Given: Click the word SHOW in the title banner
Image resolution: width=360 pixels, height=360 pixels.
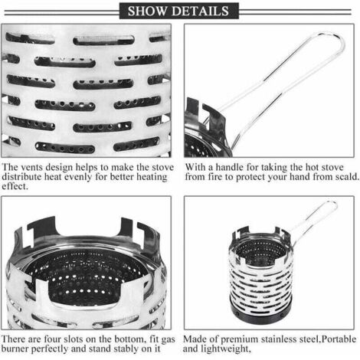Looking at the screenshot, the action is pyautogui.click(x=146, y=11).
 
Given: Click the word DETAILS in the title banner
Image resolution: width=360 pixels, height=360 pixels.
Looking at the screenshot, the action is pyautogui.click(x=200, y=11).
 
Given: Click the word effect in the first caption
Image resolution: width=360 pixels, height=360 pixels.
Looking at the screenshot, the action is pyautogui.click(x=15, y=186).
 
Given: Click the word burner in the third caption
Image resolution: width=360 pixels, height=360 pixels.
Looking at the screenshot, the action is pyautogui.click(x=15, y=349).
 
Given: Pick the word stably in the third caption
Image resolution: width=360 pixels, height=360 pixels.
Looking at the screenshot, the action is pyautogui.click(x=126, y=349).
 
